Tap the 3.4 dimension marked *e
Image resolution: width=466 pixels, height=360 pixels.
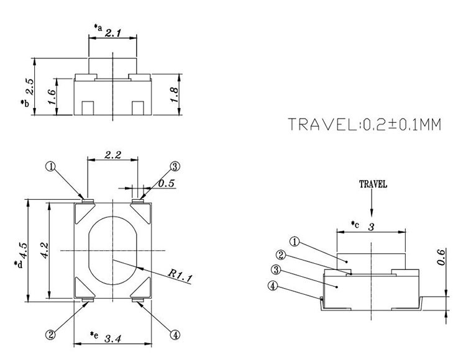tap(112, 339)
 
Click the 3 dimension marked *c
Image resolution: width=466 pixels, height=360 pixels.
tap(370, 227)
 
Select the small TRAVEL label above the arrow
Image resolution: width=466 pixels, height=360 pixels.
tap(373, 184)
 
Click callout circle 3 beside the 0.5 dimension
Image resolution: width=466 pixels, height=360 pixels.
tap(175, 166)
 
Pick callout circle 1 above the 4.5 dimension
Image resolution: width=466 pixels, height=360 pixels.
tap(50, 166)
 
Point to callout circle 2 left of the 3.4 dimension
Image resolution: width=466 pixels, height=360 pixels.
tap(52, 335)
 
